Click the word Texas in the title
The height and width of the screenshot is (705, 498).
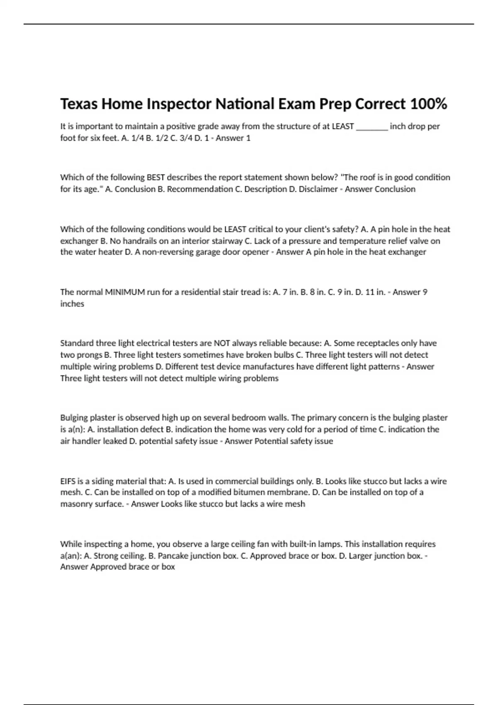point(79,104)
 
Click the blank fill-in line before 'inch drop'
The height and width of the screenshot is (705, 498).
point(372,127)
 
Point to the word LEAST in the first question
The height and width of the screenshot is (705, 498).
point(343,126)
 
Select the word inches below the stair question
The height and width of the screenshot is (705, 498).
point(72,304)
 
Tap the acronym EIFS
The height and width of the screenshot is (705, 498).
point(68,481)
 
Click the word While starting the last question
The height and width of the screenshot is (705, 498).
point(71,544)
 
